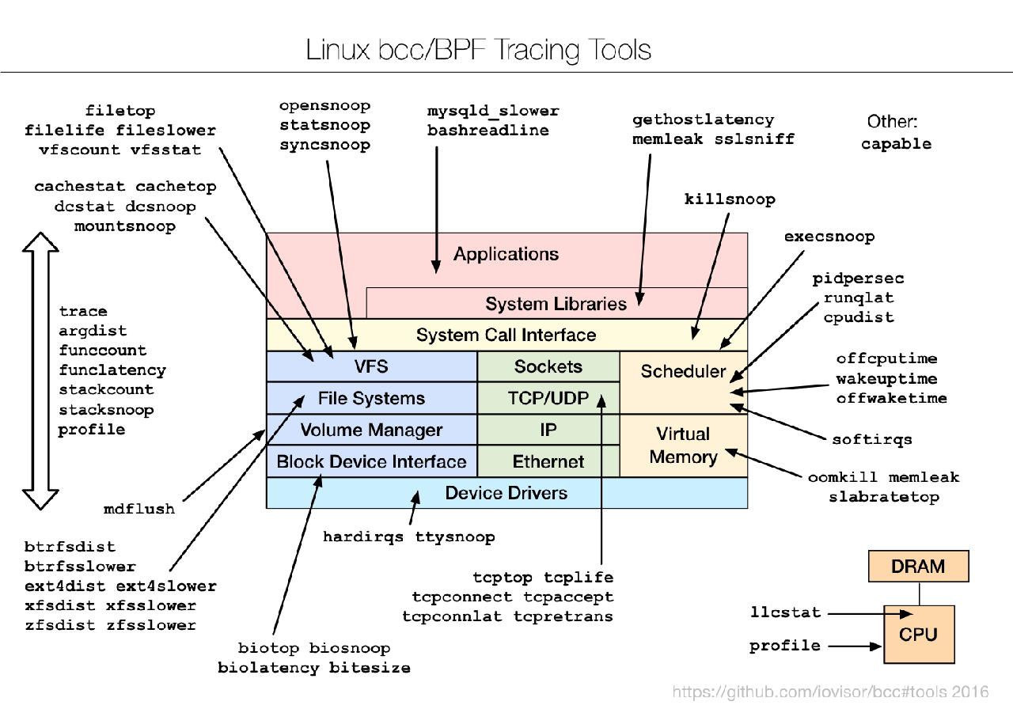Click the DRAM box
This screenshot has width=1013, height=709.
[x=918, y=567]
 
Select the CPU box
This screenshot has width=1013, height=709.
[x=918, y=635]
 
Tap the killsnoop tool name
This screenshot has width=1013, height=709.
[x=730, y=199]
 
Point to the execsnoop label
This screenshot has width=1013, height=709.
[x=829, y=237]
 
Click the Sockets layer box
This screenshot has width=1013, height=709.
[x=548, y=366]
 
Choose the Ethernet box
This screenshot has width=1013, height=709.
[x=548, y=461]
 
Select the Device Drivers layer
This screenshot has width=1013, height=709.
[x=506, y=493]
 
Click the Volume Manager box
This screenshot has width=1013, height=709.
[x=371, y=430]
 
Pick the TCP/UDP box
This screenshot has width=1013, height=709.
[x=548, y=398]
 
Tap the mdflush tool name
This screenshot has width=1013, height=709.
[x=139, y=509]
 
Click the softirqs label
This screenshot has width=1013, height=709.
[x=872, y=439]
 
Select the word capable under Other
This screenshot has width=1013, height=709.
[x=896, y=144]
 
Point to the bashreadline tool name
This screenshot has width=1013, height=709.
[x=488, y=131]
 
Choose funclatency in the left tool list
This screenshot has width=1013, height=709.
[x=112, y=370]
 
